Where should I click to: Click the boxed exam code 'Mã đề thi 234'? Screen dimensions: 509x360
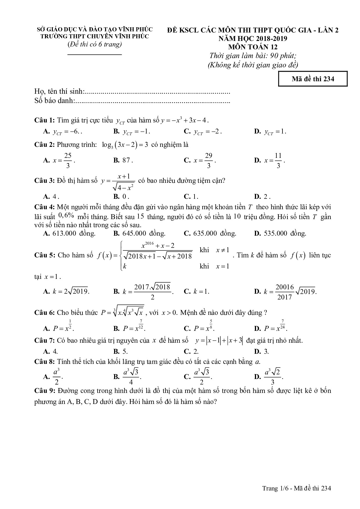(313, 79)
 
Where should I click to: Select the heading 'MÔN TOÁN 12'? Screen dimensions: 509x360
(253, 47)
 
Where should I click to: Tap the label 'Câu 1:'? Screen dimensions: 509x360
(44, 120)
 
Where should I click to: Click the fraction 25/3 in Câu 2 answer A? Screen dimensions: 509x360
(68, 160)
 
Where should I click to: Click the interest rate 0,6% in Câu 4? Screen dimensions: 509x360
(66, 215)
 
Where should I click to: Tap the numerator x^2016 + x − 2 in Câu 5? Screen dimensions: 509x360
(158, 246)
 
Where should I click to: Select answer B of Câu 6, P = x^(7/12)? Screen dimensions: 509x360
(134, 328)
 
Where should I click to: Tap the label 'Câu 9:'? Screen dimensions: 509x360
(44, 391)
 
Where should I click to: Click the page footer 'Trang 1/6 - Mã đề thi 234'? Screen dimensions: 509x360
(296, 488)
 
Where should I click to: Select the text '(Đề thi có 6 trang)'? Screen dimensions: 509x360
(94, 44)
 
